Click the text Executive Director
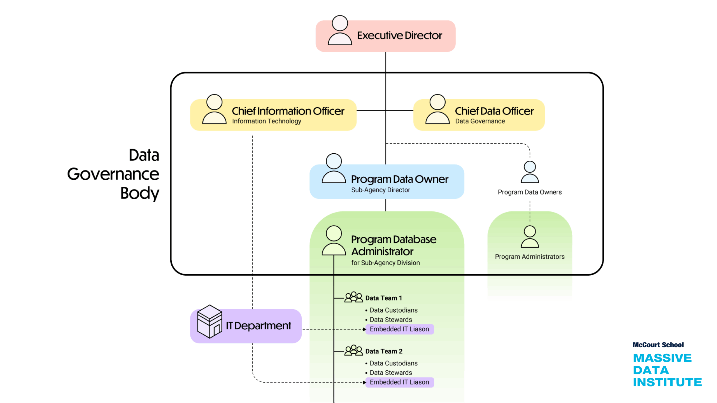pos(399,36)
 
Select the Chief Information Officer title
pos(288,111)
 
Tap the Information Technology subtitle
pos(266,121)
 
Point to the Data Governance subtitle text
pos(480,121)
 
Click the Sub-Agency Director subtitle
pos(380,190)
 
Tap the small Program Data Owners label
pos(529,192)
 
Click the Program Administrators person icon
pos(529,237)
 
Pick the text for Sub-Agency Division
pos(385,263)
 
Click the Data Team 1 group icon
pos(353,297)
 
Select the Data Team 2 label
pos(384,351)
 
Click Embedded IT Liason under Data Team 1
pos(399,329)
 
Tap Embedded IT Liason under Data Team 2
pos(399,382)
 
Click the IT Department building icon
pos(209,322)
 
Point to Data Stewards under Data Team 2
pos(391,373)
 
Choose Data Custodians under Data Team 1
pos(394,310)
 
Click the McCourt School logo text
pos(658,345)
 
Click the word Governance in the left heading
pos(113,174)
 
